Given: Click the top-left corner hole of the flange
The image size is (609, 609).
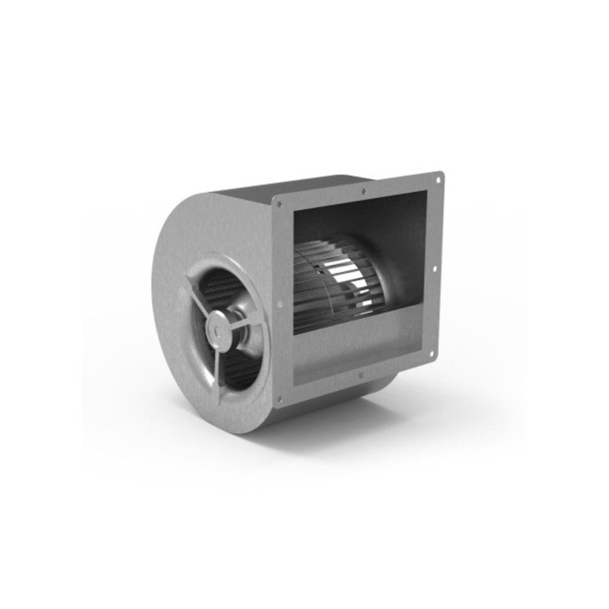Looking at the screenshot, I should pyautogui.click(x=279, y=204).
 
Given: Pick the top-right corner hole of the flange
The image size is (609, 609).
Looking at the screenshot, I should pyautogui.click(x=438, y=180).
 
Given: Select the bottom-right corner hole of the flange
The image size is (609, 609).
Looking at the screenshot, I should pyautogui.click(x=432, y=352).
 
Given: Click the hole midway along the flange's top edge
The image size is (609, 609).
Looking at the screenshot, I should pyautogui.click(x=365, y=191).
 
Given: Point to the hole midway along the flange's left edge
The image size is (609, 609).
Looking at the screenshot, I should pyautogui.click(x=279, y=304).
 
